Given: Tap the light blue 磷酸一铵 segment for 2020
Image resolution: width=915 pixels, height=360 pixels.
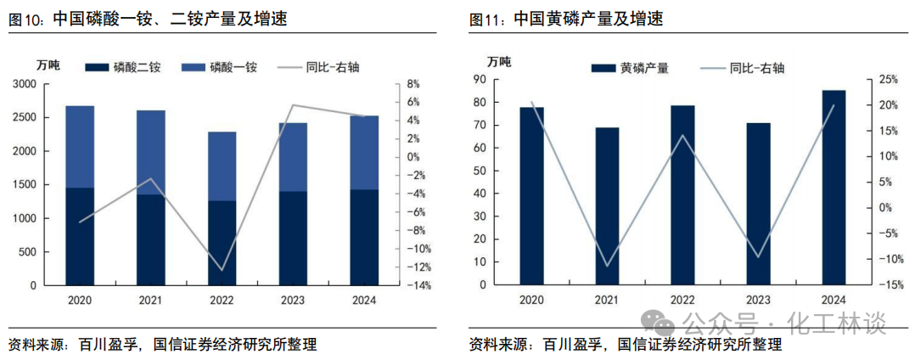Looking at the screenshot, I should click(x=80, y=146).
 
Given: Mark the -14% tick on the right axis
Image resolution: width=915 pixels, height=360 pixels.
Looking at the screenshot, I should click(x=418, y=286).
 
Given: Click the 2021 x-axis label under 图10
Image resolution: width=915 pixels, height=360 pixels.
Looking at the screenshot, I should click(x=151, y=300).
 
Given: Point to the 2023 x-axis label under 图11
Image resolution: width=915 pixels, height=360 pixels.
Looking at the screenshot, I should click(x=758, y=300).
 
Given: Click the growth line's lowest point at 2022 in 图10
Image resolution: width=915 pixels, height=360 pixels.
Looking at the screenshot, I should click(x=222, y=270).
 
